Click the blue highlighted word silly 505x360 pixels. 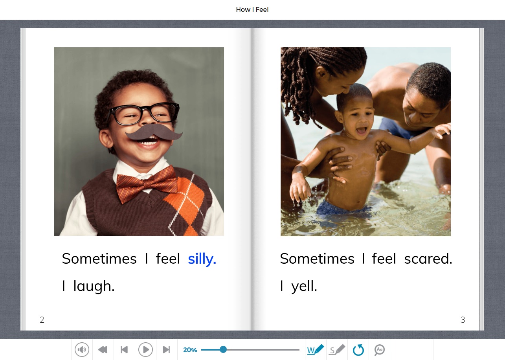pos(202,259)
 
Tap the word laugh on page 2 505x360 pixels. pos(94,286)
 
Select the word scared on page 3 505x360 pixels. pos(428,258)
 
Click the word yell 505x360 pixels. pos(304,286)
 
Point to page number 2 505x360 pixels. pos(42,320)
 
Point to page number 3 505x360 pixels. pos(463,320)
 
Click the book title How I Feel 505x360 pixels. pos(252,9)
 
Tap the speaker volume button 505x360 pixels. pos(82,350)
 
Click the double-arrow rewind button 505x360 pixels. pos(103,350)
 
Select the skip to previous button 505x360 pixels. pos(124,350)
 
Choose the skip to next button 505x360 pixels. pos(166,350)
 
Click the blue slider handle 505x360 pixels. pos(223,350)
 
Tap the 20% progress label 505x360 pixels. pos(190,350)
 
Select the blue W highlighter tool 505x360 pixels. pos(316,350)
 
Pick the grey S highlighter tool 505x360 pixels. pos(337,350)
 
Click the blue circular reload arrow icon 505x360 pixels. pos(358,350)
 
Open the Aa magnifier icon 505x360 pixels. pos(379,350)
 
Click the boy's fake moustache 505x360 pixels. pos(154,132)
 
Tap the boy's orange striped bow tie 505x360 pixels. pos(147,184)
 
